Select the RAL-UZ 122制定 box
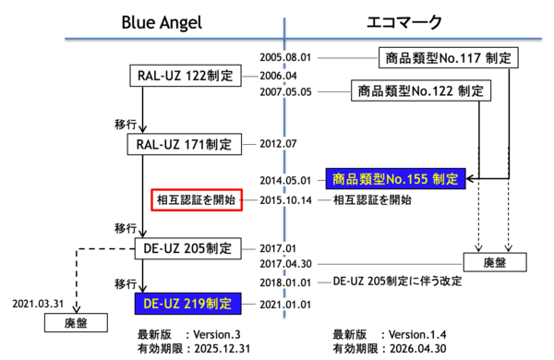[x=183, y=74]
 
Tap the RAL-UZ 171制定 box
[x=183, y=145]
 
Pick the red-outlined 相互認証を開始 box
[x=197, y=199]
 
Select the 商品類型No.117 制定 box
[x=447, y=58]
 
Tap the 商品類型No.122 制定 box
[x=420, y=90]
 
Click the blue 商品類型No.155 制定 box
[x=394, y=178]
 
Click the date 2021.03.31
[x=38, y=302]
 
